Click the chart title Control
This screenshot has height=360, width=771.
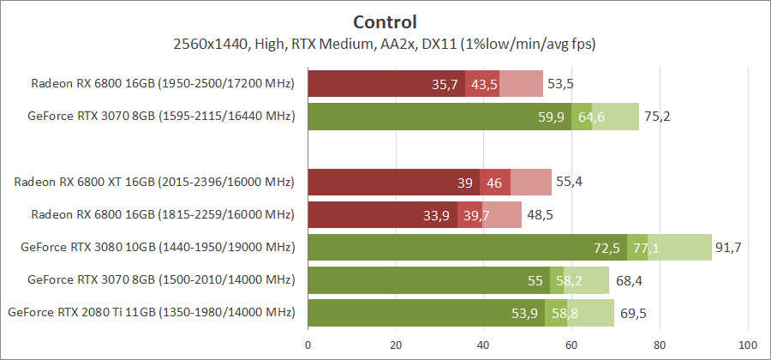coord(385,21)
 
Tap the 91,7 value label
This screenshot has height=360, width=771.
coord(729,248)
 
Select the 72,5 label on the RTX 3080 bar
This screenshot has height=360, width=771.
coord(607,248)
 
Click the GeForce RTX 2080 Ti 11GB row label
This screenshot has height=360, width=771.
coord(151,313)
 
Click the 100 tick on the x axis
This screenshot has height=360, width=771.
coord(749,346)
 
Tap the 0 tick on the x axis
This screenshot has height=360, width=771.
coord(308,346)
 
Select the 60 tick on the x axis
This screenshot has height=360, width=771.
coord(572,346)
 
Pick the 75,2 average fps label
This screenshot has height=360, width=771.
coord(657,117)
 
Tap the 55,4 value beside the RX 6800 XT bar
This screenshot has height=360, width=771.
coord(570,182)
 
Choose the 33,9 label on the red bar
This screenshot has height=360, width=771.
coord(437,215)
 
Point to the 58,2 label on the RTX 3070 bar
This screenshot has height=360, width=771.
coord(567,280)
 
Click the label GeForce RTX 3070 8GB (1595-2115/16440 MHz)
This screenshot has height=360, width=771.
coord(158,117)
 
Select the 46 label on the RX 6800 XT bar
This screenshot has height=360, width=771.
coord(494,182)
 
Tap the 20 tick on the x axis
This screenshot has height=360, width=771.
coord(396,346)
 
